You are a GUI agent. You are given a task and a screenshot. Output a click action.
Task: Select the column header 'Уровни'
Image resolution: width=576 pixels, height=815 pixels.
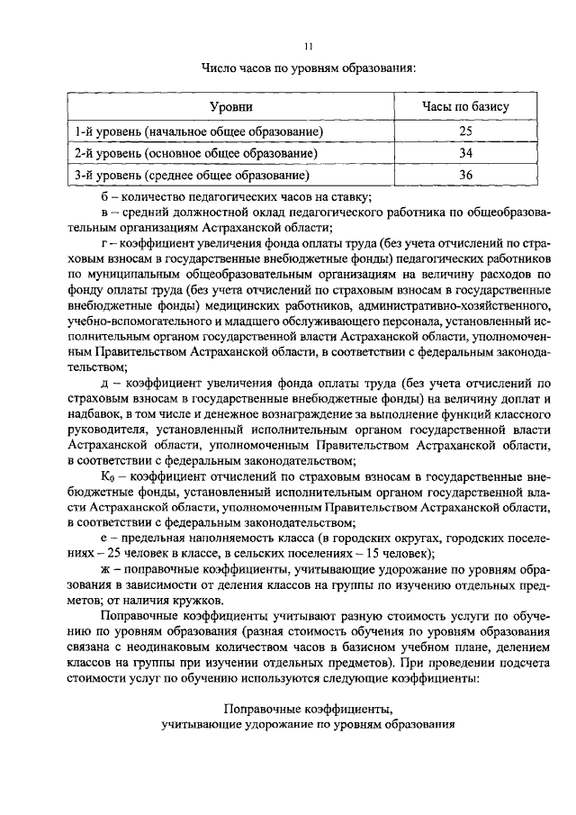tap(230, 107)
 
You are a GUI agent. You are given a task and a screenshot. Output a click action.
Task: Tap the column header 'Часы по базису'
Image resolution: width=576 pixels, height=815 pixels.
tap(465, 107)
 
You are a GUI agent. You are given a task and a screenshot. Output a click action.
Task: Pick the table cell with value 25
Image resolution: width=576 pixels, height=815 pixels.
tap(465, 132)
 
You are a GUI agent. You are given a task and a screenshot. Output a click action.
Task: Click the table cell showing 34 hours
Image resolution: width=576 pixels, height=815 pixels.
tap(465, 154)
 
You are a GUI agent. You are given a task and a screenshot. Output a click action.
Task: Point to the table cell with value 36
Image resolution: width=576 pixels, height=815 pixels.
tap(465, 176)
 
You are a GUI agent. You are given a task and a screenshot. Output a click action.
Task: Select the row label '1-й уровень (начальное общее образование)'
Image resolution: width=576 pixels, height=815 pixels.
tap(199, 132)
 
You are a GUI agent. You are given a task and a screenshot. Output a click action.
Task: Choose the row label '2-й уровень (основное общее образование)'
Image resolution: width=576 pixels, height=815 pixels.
tap(198, 154)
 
